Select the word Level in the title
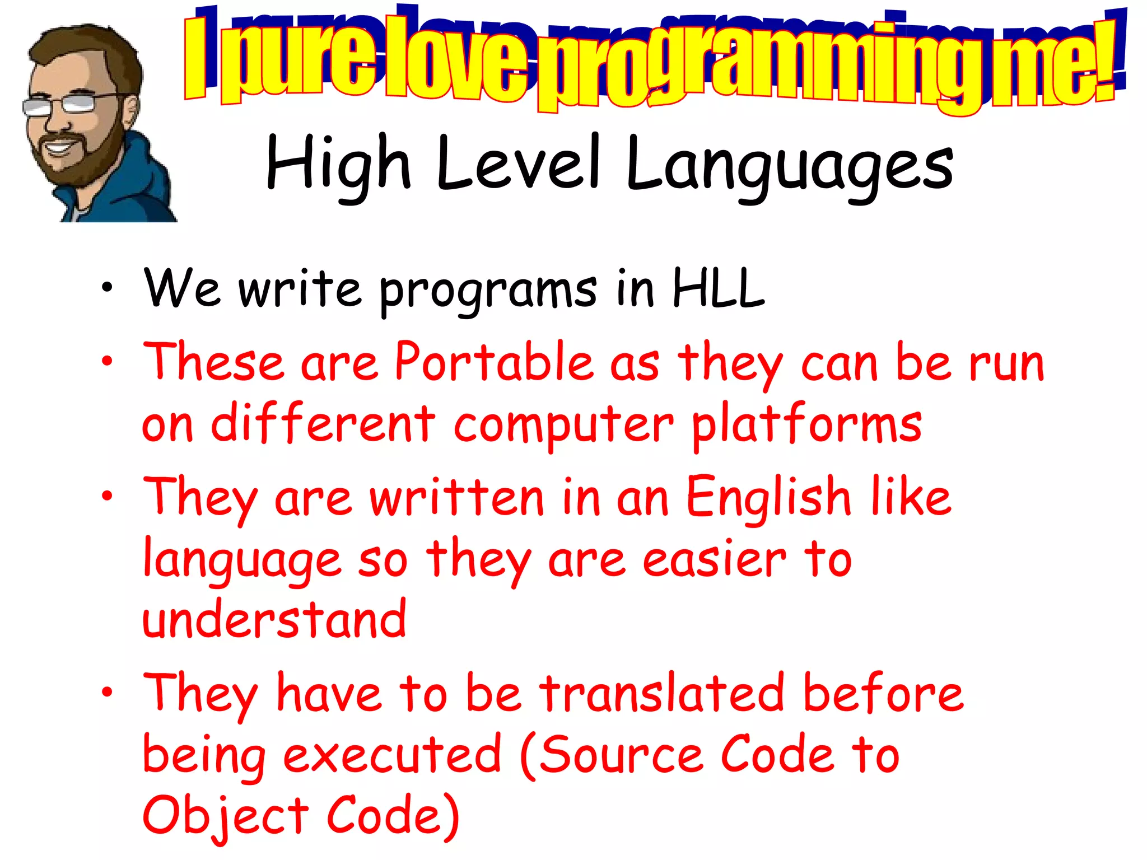point(518,163)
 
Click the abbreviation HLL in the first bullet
point(718,288)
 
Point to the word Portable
point(493,362)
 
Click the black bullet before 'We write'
point(107,288)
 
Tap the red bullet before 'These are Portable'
point(107,362)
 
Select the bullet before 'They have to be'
point(107,693)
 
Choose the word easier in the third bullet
point(714,560)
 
